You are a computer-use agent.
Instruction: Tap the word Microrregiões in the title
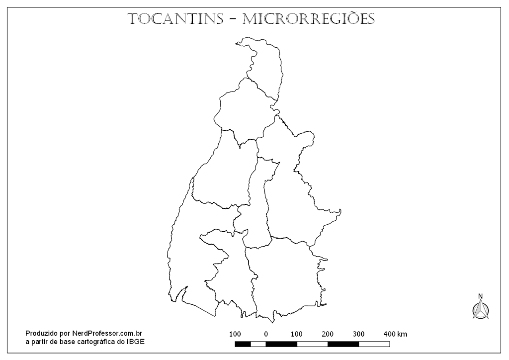click(309, 19)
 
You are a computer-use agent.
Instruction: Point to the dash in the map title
click(233, 20)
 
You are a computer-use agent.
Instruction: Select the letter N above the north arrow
click(480, 296)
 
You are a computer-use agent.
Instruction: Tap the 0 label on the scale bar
click(266, 334)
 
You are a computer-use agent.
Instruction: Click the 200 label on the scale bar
click(328, 334)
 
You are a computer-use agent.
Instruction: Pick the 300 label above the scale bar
click(358, 334)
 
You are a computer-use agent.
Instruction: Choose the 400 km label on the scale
click(395, 334)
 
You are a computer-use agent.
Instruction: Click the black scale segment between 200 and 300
click(343, 344)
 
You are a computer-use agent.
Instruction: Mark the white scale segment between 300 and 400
click(374, 344)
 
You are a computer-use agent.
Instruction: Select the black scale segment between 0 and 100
click(281, 344)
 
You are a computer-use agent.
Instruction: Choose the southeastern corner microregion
click(286, 278)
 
